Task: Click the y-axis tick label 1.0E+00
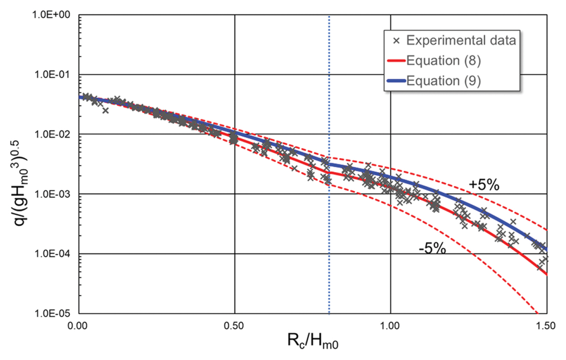[x=51, y=15]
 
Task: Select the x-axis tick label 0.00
[x=78, y=326]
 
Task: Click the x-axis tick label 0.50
[x=234, y=326]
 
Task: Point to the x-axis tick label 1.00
[x=390, y=326]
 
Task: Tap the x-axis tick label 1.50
[x=546, y=326]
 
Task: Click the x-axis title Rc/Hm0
[x=313, y=341]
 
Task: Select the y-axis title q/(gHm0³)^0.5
[x=21, y=183]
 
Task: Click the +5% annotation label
[x=484, y=185]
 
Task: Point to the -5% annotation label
[x=432, y=248]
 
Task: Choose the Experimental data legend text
[x=461, y=40]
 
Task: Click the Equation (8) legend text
[x=443, y=61]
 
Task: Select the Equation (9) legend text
[x=443, y=81]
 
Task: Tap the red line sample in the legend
[x=396, y=61]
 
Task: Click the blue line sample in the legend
[x=396, y=81]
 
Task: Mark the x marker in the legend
[x=396, y=41]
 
